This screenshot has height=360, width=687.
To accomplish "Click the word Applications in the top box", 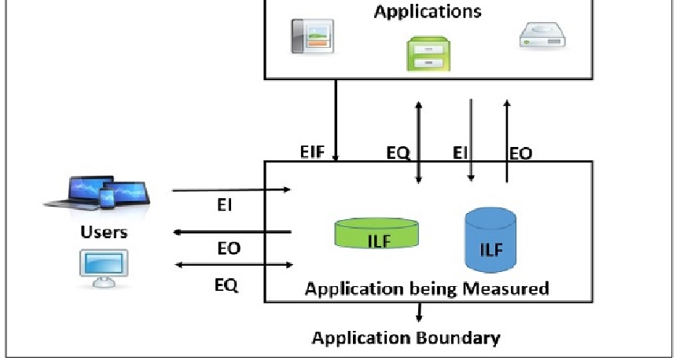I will (428, 12).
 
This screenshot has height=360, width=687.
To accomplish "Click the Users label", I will (104, 233).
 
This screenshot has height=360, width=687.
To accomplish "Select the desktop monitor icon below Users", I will (103, 267).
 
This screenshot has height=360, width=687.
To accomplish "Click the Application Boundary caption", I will (406, 339).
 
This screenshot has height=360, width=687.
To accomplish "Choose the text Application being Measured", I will (426, 288).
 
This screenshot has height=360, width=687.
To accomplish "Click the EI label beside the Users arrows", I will (224, 207).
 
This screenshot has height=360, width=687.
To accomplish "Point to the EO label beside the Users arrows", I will (229, 248).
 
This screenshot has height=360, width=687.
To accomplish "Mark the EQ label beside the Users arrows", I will (226, 284).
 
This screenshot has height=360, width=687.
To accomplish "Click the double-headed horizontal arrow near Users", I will (233, 265).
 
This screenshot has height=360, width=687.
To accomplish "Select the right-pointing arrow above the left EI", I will (232, 189).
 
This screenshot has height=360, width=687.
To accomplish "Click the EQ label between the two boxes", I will (399, 152).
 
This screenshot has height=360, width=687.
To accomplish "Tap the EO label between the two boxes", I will (520, 153).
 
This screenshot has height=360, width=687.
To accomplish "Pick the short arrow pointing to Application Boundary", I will (419, 311).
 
